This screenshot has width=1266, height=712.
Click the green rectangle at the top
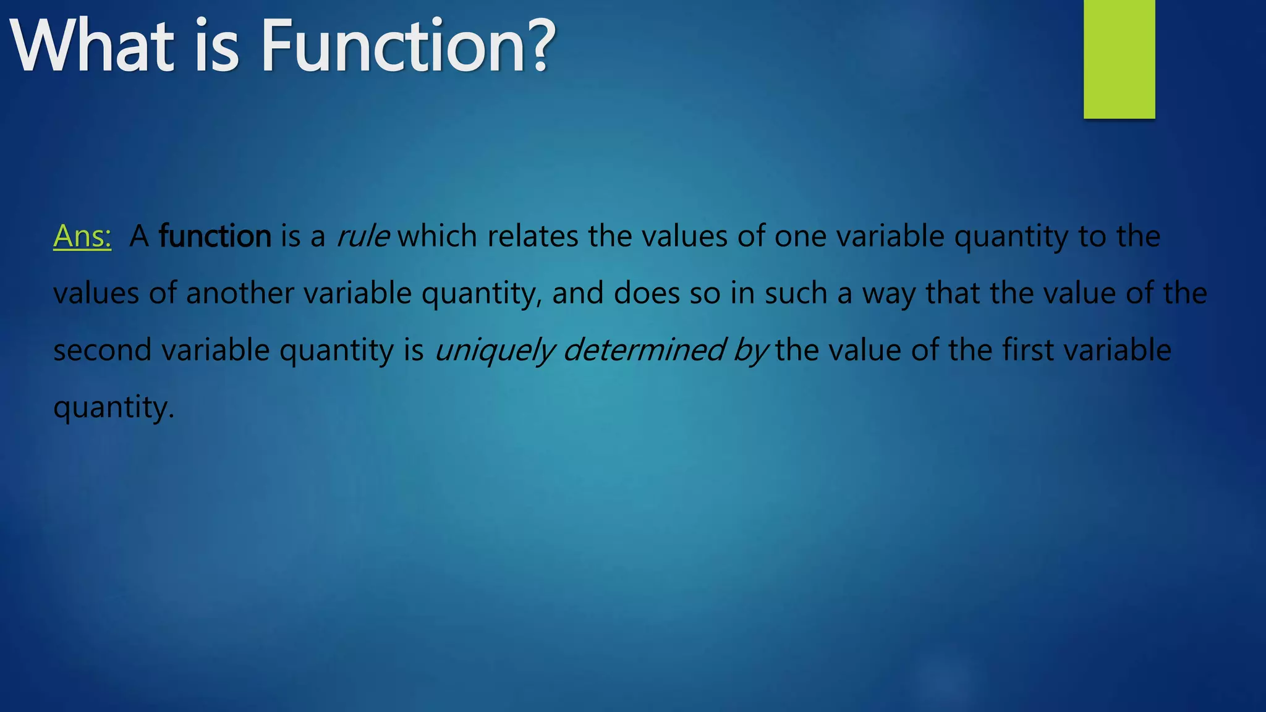[x=1119, y=59]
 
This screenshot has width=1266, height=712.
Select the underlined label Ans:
[x=82, y=236]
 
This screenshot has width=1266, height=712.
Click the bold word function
[x=215, y=236]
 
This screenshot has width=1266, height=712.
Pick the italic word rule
[x=363, y=236]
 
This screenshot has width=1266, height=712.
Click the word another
[x=240, y=293]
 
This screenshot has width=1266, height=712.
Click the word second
[x=102, y=350]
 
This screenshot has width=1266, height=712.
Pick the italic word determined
[x=644, y=350]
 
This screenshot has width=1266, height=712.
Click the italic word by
[x=750, y=351]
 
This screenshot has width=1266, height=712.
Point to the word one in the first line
[x=801, y=237]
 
